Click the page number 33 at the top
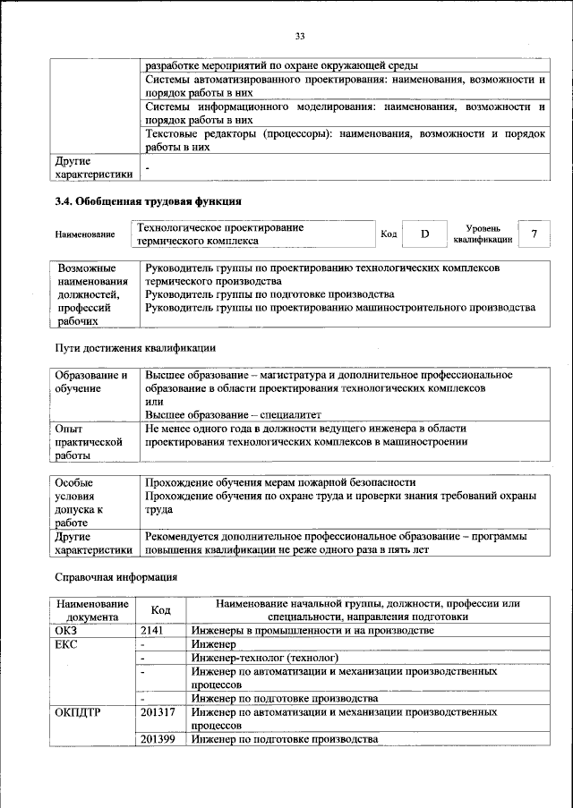pyautogui.click(x=300, y=36)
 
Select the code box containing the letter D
pyautogui.click(x=425, y=234)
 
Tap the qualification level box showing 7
pyautogui.click(x=535, y=234)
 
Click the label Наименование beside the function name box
pyautogui.click(x=85, y=234)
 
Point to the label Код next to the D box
pyautogui.click(x=389, y=234)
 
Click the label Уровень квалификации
pyautogui.click(x=483, y=234)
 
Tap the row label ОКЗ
pyautogui.click(x=67, y=630)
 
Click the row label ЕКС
pyautogui.click(x=67, y=643)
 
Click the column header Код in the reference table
pyautogui.click(x=160, y=609)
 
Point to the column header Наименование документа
pyautogui.click(x=91, y=609)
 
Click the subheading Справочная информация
pyautogui.click(x=116, y=577)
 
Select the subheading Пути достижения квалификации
pyautogui.click(x=135, y=346)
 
